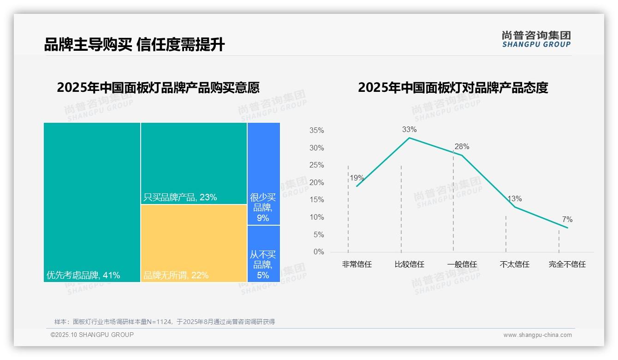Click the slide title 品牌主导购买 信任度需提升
click(134, 45)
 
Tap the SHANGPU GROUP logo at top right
click(536, 39)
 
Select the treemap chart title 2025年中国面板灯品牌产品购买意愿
click(158, 87)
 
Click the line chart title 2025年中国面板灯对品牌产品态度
click(453, 87)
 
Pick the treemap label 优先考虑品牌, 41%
click(83, 276)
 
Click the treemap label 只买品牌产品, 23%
click(180, 198)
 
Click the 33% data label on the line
click(409, 129)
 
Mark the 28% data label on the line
click(462, 147)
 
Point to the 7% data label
click(567, 220)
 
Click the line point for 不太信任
click(515, 207)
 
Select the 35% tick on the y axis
click(316, 131)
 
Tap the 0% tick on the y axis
click(318, 252)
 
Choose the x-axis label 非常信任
click(357, 264)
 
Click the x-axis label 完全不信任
click(567, 264)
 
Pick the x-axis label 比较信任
click(409, 264)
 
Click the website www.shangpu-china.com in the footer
click(537, 335)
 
